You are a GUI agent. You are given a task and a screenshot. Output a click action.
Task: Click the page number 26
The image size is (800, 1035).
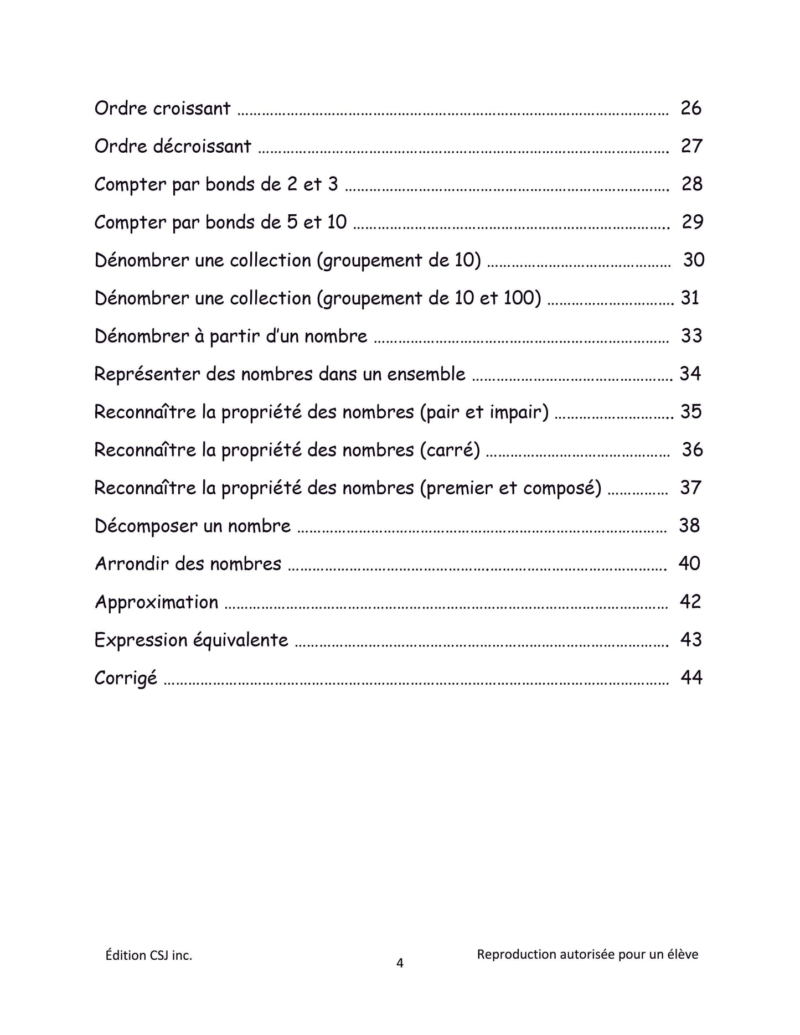coord(691,108)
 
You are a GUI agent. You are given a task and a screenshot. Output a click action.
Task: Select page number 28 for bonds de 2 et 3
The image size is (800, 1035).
coord(691,184)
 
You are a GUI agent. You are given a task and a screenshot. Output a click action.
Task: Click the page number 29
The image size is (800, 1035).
coord(692,222)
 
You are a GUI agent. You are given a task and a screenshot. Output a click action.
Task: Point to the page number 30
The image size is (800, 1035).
coord(693,260)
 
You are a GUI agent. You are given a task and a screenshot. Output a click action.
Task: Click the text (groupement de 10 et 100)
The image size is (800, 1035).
coord(429,298)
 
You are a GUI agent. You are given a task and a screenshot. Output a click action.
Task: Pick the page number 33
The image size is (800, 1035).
coord(691,336)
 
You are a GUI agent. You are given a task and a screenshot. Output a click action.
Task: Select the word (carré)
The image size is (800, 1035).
coord(450,450)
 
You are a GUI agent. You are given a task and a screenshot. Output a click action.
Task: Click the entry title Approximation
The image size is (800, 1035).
coord(157,602)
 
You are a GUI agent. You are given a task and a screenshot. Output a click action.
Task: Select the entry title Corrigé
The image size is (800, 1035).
coord(126,679)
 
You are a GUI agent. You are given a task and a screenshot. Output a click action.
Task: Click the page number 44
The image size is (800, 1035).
coord(691,677)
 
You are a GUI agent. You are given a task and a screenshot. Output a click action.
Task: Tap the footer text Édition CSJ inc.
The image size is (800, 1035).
coord(149,955)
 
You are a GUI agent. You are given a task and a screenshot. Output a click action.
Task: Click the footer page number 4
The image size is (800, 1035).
coord(400,964)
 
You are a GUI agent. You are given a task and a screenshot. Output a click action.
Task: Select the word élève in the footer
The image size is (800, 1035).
coord(683,954)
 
